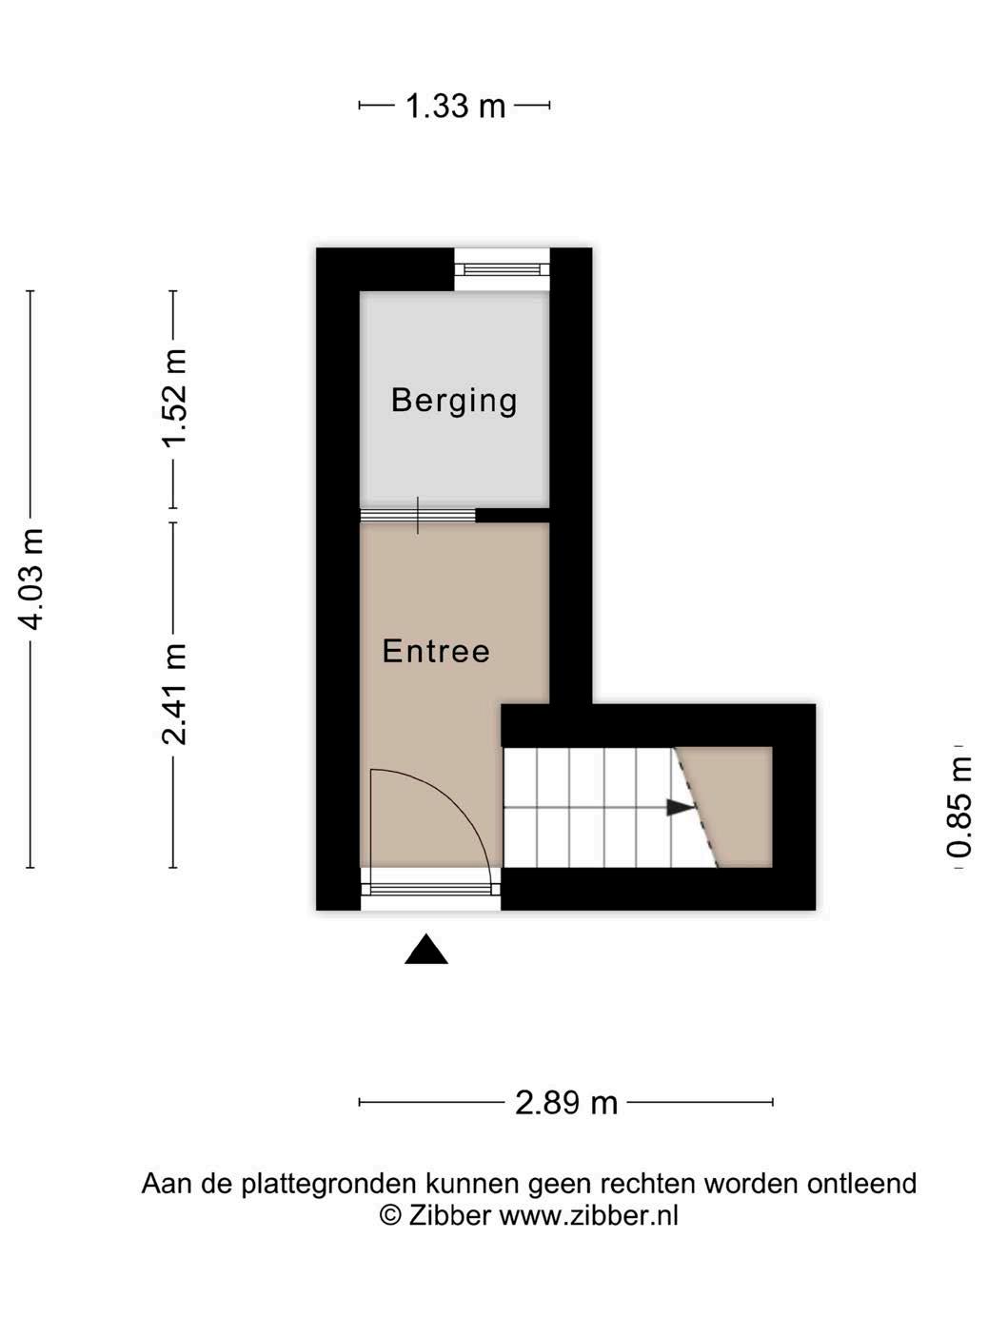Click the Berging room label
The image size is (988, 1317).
(x=453, y=401)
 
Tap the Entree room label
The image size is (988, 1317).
(x=436, y=651)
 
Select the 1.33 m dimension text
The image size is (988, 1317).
(x=455, y=107)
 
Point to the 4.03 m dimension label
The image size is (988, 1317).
(x=31, y=579)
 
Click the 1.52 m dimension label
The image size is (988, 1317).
(x=174, y=398)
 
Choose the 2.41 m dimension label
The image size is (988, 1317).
(x=174, y=695)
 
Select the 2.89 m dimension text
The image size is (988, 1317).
(x=566, y=1103)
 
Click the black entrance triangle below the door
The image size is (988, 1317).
(x=425, y=949)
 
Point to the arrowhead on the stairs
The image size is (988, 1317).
(x=681, y=808)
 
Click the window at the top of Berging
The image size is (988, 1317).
(x=503, y=269)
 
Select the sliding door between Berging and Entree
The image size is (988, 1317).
(x=418, y=516)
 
